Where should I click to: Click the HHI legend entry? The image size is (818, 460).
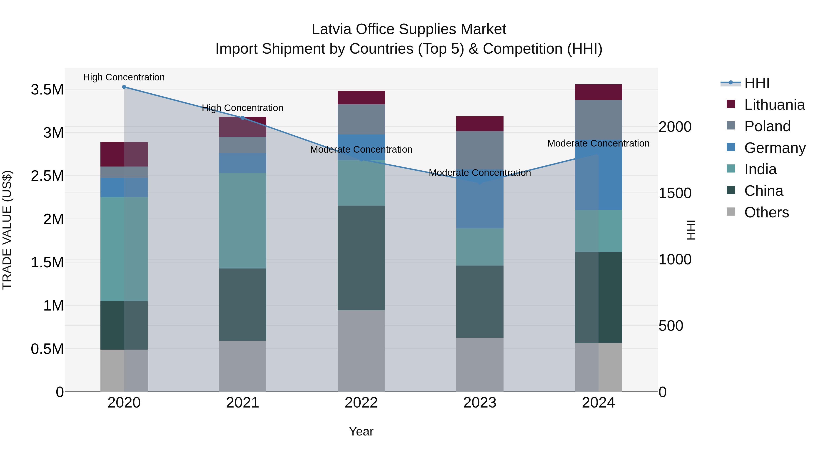click(x=757, y=83)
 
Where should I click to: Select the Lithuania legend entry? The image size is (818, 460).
click(x=774, y=105)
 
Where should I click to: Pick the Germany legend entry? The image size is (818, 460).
click(x=775, y=148)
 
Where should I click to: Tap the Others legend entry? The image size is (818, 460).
click(x=766, y=212)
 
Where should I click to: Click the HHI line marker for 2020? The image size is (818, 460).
click(x=124, y=87)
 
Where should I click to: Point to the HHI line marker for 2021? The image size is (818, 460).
click(x=243, y=118)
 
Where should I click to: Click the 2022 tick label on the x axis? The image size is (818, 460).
click(x=361, y=403)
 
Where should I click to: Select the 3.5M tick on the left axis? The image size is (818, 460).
click(x=47, y=90)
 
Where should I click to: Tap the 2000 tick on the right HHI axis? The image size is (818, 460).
click(x=675, y=127)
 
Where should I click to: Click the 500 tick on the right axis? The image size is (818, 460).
click(x=671, y=326)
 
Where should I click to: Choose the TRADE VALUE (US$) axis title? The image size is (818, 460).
click(x=7, y=230)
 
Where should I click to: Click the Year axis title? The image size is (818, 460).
click(x=361, y=431)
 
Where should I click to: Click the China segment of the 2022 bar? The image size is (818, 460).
click(x=361, y=258)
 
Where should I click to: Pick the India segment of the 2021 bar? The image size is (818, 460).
click(x=243, y=221)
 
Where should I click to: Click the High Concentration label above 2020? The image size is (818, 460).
click(x=124, y=77)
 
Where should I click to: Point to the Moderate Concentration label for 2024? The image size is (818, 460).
click(x=598, y=144)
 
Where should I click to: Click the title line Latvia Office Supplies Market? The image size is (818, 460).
click(x=409, y=29)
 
